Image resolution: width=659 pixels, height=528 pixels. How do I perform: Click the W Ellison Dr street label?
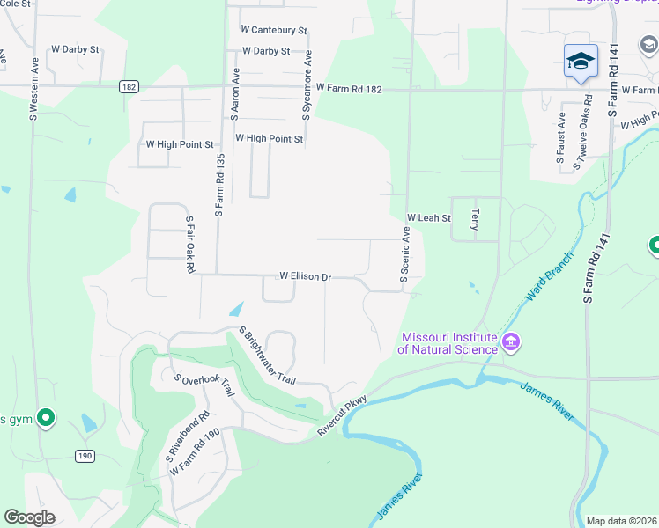[x=305, y=276]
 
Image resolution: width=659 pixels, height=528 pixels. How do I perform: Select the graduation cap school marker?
[x=581, y=61]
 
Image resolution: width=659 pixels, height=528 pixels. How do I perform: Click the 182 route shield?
[x=130, y=86]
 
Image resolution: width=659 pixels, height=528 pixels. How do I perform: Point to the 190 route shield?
[x=85, y=455]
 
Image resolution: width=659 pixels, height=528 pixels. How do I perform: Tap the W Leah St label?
[x=428, y=217]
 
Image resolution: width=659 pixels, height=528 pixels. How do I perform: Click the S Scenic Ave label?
[x=406, y=254]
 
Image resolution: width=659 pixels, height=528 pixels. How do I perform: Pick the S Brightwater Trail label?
[x=268, y=356]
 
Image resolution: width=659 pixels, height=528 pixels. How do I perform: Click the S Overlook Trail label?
[x=207, y=385]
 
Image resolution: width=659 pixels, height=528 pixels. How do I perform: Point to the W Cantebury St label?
[x=274, y=30]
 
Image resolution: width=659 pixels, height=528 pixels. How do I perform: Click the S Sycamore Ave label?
[x=307, y=84]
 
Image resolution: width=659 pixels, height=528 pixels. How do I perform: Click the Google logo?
[x=29, y=517]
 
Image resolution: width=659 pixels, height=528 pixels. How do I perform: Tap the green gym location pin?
[x=46, y=418]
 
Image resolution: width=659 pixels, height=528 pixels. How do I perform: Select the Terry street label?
[x=475, y=219]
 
